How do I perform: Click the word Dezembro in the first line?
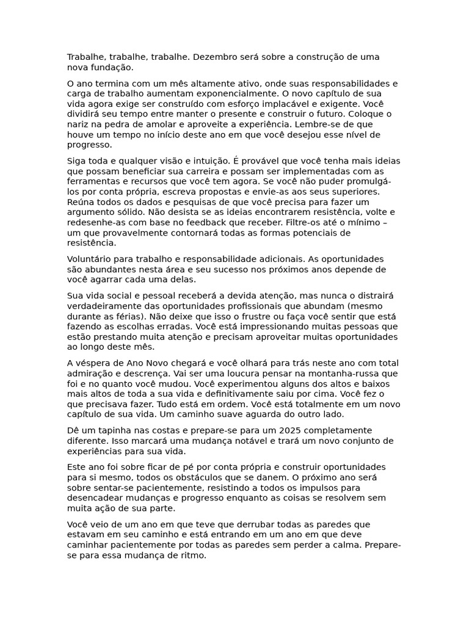pos(213,57)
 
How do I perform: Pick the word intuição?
pos(208,161)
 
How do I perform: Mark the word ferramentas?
pos(92,182)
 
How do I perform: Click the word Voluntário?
pos(90,259)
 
